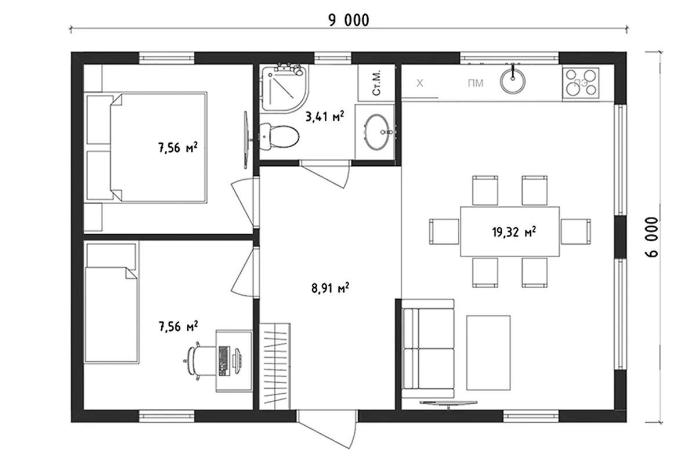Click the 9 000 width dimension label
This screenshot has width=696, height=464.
349,20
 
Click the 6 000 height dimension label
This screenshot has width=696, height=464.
651,237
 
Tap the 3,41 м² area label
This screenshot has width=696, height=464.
325,117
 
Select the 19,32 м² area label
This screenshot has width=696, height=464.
514,232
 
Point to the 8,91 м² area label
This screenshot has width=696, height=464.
330,288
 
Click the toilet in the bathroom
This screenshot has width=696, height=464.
279,136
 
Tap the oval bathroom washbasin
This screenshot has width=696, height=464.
377,132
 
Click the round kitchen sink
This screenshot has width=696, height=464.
512,81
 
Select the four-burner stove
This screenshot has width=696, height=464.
581,83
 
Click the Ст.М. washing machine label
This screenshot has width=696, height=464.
376,83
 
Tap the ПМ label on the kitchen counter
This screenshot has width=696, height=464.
476,84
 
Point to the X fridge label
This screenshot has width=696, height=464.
419,83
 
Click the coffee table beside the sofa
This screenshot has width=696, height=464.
488,353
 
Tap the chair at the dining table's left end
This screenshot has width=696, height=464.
444,231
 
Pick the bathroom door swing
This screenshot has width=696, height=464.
325,175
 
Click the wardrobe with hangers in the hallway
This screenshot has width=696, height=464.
275,367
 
